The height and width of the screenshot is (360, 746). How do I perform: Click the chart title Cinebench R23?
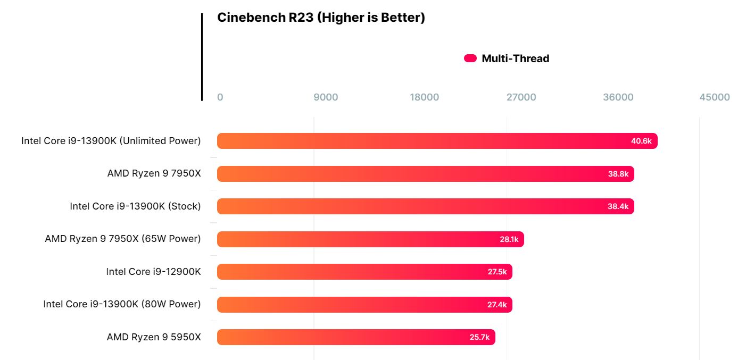click(x=321, y=18)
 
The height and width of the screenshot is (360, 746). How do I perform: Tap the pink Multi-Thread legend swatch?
click(x=470, y=58)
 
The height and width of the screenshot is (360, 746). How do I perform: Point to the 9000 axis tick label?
click(x=325, y=97)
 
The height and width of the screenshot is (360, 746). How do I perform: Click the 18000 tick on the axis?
click(x=424, y=97)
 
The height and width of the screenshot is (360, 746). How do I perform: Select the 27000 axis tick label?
click(x=521, y=97)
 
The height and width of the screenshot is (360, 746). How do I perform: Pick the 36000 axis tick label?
click(x=618, y=97)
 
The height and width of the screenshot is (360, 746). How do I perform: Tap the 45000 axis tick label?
click(x=715, y=97)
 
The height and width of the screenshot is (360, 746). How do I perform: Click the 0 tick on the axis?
click(x=220, y=97)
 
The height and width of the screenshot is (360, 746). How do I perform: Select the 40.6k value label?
click(x=641, y=141)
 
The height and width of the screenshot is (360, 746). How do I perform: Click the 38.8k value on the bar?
click(x=618, y=174)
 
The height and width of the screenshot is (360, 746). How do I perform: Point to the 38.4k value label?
click(x=618, y=206)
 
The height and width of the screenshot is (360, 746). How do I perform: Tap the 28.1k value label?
click(x=509, y=239)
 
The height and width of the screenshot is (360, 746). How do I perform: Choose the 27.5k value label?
click(x=497, y=272)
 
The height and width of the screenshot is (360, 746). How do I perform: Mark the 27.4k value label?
click(x=497, y=305)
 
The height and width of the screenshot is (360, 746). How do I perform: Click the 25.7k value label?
click(x=480, y=337)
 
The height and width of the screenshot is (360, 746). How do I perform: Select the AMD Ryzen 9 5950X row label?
click(x=154, y=337)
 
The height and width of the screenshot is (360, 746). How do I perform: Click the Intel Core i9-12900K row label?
click(x=153, y=272)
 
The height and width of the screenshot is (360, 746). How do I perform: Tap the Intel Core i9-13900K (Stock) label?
click(x=135, y=206)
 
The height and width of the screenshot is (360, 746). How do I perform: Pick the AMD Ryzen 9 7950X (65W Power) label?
click(x=123, y=239)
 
